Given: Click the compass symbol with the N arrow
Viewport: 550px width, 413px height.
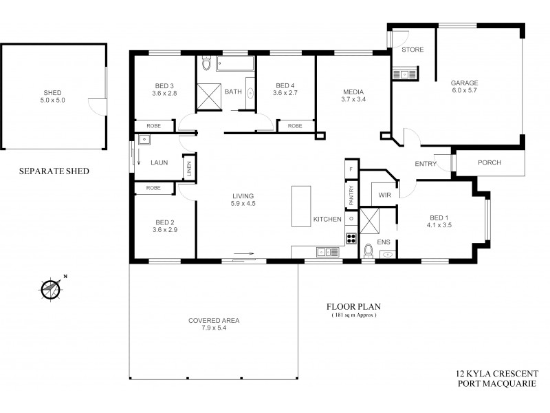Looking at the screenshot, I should point(49,289).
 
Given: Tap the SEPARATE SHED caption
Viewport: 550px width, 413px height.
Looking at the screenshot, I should point(54,171).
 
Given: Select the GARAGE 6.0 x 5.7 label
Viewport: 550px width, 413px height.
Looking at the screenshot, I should point(464,87).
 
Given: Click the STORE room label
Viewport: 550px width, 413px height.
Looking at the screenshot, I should point(412,50).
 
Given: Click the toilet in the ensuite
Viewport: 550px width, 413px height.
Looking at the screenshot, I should point(368,251).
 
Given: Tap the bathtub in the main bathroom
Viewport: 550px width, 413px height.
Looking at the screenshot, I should point(235,65).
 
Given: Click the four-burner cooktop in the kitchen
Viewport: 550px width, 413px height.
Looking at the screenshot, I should point(351,239).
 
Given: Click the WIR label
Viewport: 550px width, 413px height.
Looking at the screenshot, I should point(385,195).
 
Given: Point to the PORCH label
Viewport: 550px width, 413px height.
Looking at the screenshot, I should point(489,163).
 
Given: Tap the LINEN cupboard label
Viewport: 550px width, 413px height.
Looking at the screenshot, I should point(188,168).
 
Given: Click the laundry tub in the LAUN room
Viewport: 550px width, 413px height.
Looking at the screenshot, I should point(144,140).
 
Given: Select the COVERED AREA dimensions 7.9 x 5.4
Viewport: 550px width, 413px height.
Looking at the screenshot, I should point(213,329).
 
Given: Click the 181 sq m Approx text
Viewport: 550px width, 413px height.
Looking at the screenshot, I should point(353,316).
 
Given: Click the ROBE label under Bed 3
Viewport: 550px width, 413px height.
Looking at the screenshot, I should point(153,126).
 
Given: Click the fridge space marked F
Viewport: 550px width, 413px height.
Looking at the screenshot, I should point(351,169).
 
